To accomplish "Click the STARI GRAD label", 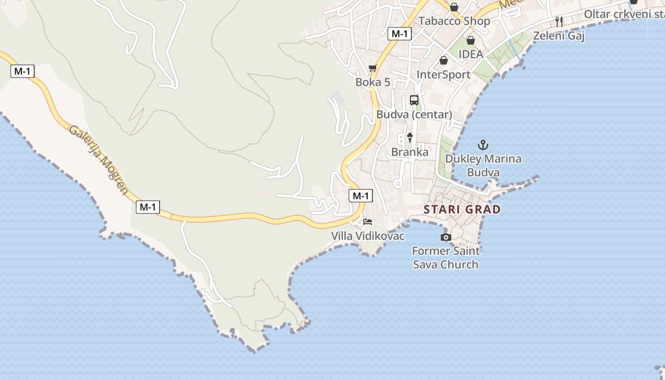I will point(462,209).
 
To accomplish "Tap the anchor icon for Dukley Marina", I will point(483,145).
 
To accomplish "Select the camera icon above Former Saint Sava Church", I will point(446,237).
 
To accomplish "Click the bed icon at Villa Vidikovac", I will point(368,221).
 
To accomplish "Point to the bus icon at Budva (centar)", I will point(414,100).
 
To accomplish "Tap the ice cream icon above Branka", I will point(409,138).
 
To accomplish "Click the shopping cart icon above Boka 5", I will point(373,68).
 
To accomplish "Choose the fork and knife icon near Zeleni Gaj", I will point(559,21).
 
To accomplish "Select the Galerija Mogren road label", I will point(99,160).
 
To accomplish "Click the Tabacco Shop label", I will point(454,21).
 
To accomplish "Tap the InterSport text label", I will point(443,75).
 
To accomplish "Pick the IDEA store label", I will point(470,54).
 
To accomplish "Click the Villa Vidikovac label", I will point(368,236).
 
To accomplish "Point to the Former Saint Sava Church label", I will point(446,257).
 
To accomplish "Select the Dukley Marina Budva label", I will point(483,165).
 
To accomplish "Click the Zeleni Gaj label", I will point(559,36).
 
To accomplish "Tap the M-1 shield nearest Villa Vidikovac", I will point(361,196).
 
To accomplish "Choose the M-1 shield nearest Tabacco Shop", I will point(399,34).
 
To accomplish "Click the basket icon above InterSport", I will point(443,60).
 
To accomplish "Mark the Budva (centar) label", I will point(414,114).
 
